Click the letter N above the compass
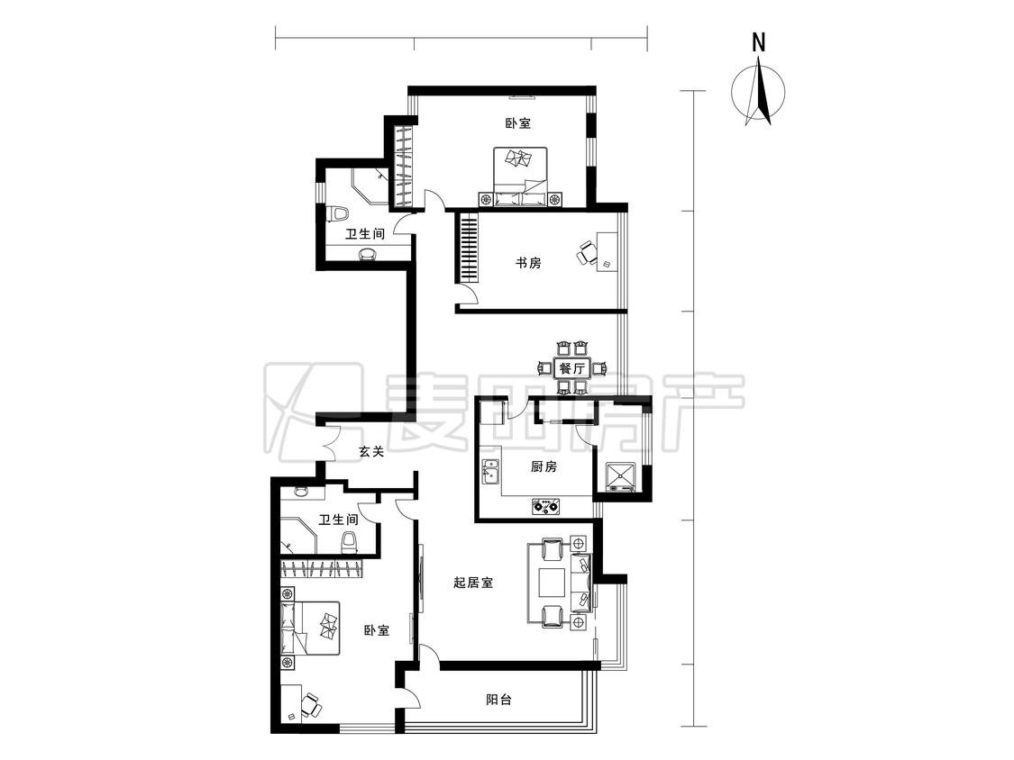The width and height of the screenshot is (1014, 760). [759, 42]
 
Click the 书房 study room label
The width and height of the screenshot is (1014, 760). [527, 263]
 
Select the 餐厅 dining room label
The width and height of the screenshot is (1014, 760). [571, 369]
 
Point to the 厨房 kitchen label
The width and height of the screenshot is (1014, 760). [544, 466]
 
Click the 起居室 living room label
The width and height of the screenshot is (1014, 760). [473, 583]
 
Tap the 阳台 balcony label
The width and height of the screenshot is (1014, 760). [498, 700]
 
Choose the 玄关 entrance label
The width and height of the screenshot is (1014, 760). [371, 452]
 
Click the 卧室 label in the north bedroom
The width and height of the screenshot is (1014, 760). [518, 122]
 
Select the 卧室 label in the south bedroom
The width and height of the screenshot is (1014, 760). [377, 630]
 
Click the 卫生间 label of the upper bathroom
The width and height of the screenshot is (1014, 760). [365, 233]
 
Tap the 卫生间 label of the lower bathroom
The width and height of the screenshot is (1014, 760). [338, 520]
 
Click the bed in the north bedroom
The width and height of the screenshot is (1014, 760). [521, 177]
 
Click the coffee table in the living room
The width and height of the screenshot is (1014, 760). [553, 582]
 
